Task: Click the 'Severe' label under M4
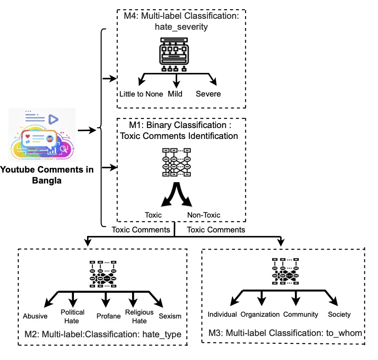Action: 208,94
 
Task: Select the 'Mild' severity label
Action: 175,94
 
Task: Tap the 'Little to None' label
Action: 141,94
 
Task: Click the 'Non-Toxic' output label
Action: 204,215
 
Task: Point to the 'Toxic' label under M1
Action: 154,215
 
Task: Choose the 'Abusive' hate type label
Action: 35,316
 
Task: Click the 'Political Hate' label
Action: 73,316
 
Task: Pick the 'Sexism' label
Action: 170,316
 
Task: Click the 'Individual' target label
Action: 222,315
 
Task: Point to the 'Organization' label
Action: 260,315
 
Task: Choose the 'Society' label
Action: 339,315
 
